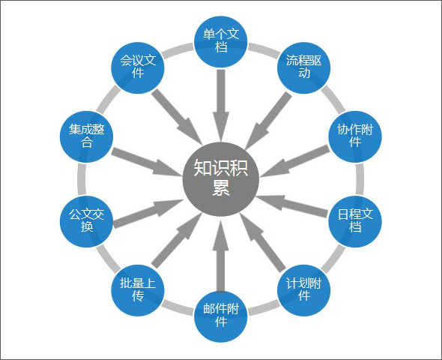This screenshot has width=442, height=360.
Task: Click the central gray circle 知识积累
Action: (221, 178)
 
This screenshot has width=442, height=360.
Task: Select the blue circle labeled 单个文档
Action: (221, 41)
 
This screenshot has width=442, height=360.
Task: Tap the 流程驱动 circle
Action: (303, 67)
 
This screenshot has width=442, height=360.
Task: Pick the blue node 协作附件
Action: (355, 136)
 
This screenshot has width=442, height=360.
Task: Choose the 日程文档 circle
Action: (355, 221)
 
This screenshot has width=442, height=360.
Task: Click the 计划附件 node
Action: (303, 289)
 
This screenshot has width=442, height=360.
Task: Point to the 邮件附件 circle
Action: (221, 316)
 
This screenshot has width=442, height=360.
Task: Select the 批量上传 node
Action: (138, 289)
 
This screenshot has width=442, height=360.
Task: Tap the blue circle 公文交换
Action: (87, 221)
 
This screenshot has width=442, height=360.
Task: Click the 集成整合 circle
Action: (87, 136)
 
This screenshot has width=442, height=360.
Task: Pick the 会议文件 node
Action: (138, 67)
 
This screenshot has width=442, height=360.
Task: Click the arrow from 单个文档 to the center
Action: (221, 105)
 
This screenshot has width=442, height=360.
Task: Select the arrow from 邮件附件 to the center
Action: (221, 256)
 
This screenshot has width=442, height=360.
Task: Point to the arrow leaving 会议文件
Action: (177, 117)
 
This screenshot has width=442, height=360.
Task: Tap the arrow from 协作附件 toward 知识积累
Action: (294, 161)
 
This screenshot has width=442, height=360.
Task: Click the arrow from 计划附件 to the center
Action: (263, 243)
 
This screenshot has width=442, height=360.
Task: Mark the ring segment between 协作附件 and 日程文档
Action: (360, 178)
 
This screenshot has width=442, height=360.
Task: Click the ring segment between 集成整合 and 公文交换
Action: (82, 178)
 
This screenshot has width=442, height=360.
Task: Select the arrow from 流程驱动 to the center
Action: (268, 121)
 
